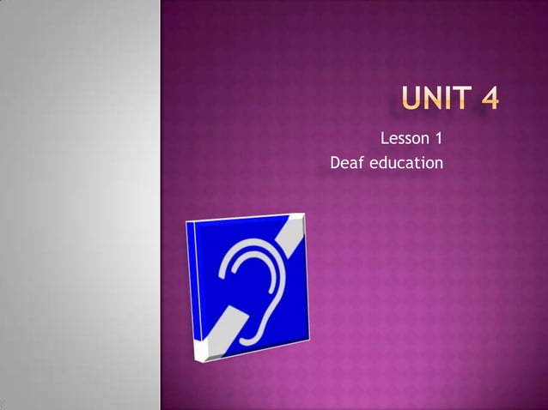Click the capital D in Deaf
[336, 162]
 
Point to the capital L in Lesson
[384, 137]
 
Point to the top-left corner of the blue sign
[189, 225]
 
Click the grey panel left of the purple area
[79, 206]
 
